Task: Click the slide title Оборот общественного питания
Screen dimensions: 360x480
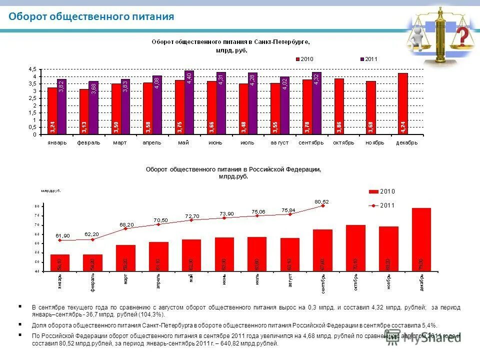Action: (91, 16)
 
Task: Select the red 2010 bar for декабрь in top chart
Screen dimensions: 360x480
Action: (402, 104)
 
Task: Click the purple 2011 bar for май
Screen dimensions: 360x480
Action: (189, 102)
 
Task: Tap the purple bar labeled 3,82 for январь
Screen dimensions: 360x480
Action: (61, 106)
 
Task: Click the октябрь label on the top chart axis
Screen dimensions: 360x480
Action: (343, 142)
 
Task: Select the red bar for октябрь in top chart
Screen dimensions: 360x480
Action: (339, 106)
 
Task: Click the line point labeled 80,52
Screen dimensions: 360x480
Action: (323, 205)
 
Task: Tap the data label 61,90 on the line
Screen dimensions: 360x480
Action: (62, 235)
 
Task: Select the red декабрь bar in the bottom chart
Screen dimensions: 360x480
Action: (421, 240)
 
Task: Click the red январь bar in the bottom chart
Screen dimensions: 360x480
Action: (60, 263)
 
